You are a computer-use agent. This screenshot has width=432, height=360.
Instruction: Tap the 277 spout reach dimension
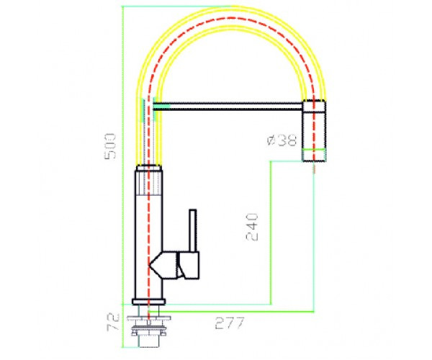pos(229,323)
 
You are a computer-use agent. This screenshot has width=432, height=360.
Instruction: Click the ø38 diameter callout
pos(282,141)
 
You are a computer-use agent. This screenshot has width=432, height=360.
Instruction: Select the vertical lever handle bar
pos(192,231)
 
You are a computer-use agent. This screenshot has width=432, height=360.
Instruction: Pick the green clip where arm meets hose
pos(163,106)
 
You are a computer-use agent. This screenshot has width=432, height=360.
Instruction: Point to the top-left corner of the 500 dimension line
pos(122,6)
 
